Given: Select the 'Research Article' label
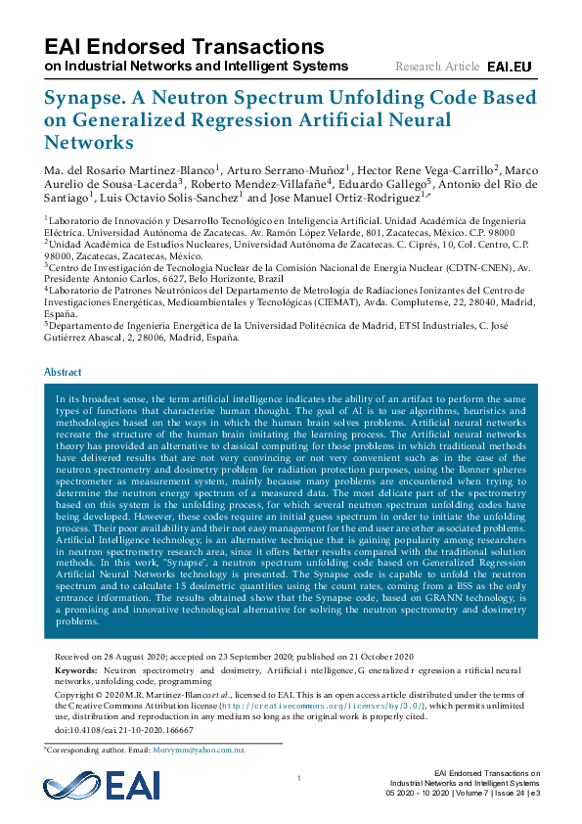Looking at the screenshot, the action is click(x=436, y=67).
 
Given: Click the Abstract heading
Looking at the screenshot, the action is click(x=64, y=373).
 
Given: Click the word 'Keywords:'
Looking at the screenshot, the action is click(x=73, y=668).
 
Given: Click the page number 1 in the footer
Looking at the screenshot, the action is click(x=296, y=778).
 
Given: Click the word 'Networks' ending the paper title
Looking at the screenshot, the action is click(x=89, y=142).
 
